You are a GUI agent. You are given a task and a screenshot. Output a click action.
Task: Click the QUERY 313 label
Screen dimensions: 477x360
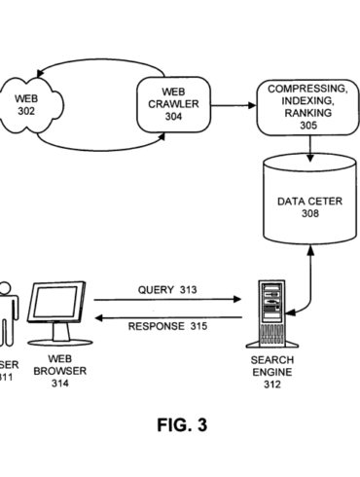(x=167, y=289)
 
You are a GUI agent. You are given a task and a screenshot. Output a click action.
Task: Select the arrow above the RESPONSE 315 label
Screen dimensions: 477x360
(x=170, y=314)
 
